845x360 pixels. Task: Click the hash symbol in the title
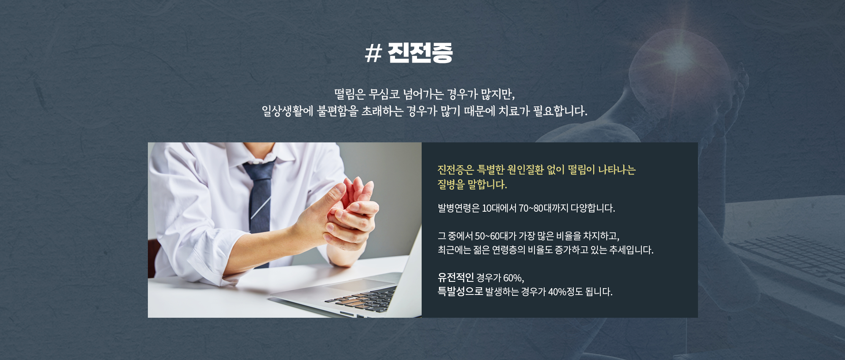pyautogui.click(x=373, y=54)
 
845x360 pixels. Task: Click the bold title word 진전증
pyautogui.click(x=420, y=53)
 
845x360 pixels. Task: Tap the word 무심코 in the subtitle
pyautogui.click(x=384, y=93)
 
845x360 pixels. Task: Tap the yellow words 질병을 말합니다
pyautogui.click(x=472, y=184)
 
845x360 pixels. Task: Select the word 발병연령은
pyautogui.click(x=458, y=208)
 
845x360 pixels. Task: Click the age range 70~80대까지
pyautogui.click(x=543, y=208)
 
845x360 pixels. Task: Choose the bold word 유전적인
pyautogui.click(x=455, y=278)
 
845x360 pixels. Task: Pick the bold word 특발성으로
pyautogui.click(x=460, y=292)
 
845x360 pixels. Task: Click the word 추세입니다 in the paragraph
pyautogui.click(x=631, y=250)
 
